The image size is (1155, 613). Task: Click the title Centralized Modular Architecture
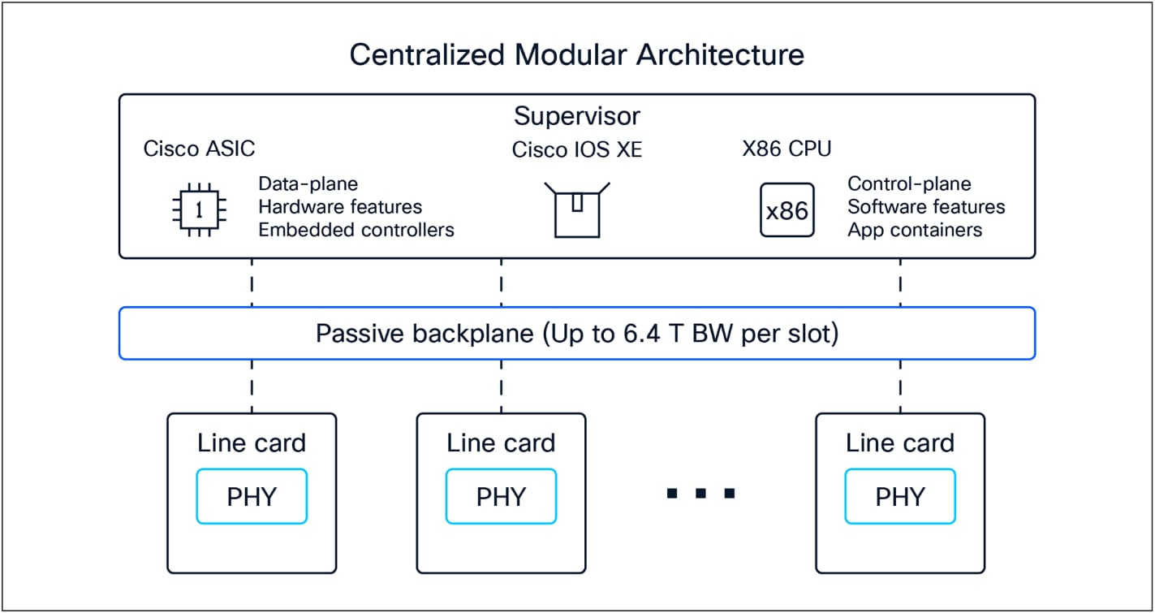point(576,55)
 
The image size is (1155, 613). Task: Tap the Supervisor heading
point(576,116)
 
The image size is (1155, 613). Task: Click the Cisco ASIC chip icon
point(199,209)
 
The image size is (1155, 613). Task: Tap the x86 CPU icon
point(787,210)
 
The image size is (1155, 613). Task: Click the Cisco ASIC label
point(199,149)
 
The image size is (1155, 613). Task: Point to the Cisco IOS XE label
point(576,150)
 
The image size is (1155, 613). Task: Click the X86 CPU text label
point(787,149)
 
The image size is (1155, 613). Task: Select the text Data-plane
point(308,184)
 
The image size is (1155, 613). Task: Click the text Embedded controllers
point(356,230)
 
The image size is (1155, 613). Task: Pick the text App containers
point(915,230)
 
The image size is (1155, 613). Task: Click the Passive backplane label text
point(576,334)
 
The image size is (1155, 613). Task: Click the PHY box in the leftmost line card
point(252,496)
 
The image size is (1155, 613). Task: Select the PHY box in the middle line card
point(501,496)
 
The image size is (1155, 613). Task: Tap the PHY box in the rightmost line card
point(899,496)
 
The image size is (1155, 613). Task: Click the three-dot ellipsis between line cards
point(700,493)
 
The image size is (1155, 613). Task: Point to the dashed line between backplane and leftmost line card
point(252,386)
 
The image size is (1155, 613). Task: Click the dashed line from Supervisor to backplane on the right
point(900,283)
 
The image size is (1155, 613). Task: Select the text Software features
point(926,207)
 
